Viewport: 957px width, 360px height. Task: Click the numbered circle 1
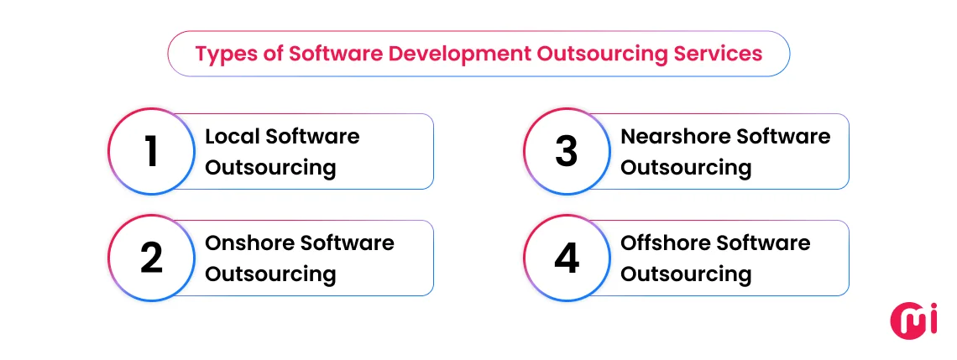[x=151, y=152]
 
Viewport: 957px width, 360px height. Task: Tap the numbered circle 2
[x=151, y=258]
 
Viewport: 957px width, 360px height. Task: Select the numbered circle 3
[x=567, y=152]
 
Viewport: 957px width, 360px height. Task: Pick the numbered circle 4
[x=567, y=258]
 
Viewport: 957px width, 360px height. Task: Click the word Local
[x=230, y=136]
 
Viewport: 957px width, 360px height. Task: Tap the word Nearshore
[x=668, y=136]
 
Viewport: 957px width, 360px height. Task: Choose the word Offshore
[x=664, y=243]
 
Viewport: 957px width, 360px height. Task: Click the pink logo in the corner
[x=911, y=321]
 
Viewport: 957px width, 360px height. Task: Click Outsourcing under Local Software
[x=270, y=167]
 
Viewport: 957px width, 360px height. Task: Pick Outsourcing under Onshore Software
[x=270, y=274]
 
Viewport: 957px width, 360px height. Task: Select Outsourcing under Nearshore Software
[x=686, y=167]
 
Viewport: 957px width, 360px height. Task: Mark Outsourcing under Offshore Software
[x=686, y=274]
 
